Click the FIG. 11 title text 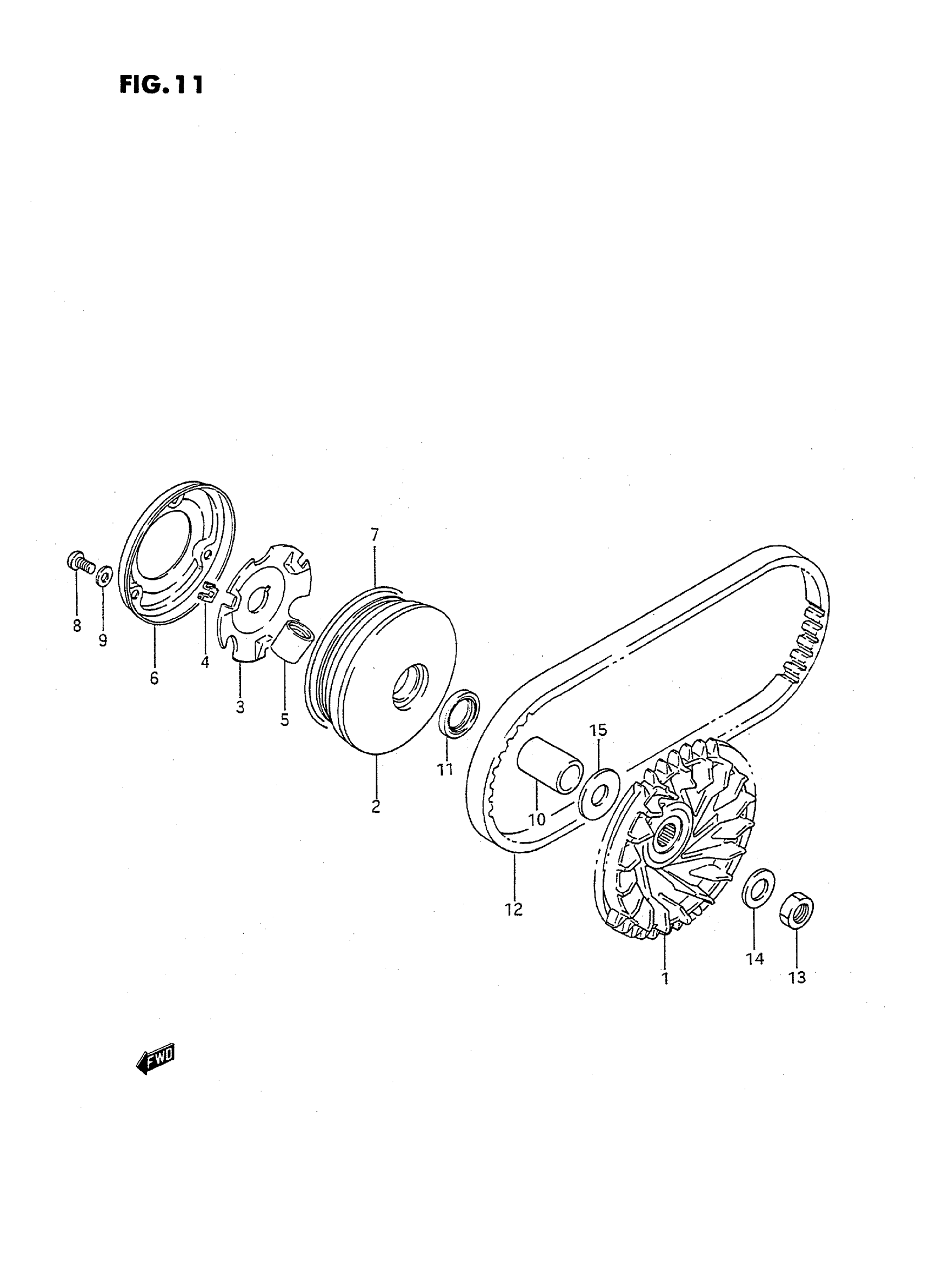(x=161, y=85)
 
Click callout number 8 (x=76, y=625)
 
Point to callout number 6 (x=155, y=678)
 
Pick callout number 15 (x=599, y=730)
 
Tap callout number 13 (x=797, y=977)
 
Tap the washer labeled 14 (x=758, y=894)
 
